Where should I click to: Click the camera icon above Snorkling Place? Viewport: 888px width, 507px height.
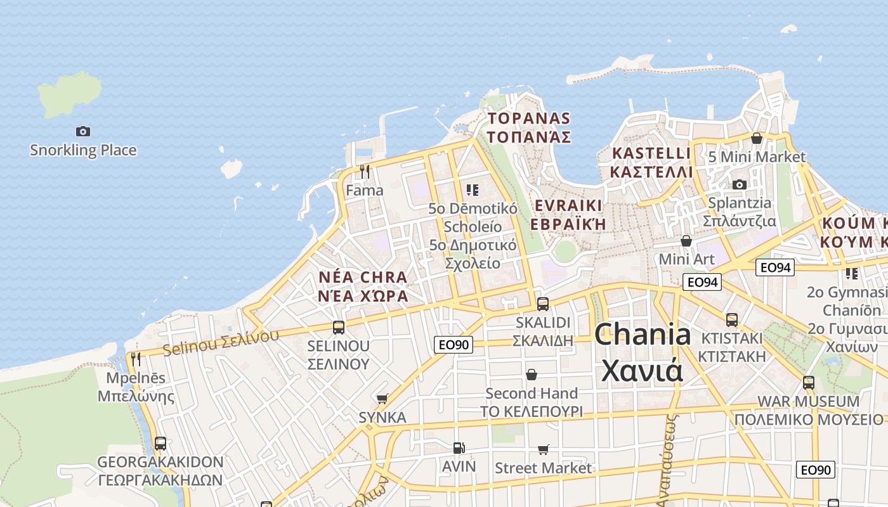pos(83,132)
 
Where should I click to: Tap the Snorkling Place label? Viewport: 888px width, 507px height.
pos(83,150)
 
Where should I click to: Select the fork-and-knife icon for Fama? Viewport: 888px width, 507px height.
pos(364,172)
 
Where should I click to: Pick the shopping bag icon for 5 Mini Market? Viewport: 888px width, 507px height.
pos(756,138)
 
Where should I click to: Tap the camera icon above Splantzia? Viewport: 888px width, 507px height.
pos(739,185)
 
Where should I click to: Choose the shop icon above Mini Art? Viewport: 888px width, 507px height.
pos(686,241)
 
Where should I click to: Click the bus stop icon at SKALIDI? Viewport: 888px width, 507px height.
pos(542,304)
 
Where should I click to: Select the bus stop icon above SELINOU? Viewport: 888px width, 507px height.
pos(339,328)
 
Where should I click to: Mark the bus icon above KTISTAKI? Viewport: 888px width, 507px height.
pos(731,320)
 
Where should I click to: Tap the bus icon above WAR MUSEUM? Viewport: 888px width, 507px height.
pos(808,383)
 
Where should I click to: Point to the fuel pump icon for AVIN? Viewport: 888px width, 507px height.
pos(458,448)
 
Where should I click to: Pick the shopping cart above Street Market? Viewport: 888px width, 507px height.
pos(543,450)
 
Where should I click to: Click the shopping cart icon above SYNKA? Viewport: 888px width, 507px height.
pos(382,399)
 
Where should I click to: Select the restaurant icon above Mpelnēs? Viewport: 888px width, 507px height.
pos(135,359)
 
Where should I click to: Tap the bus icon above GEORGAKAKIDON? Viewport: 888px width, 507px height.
pos(160,444)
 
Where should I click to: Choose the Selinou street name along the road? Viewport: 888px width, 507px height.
pos(220,342)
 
